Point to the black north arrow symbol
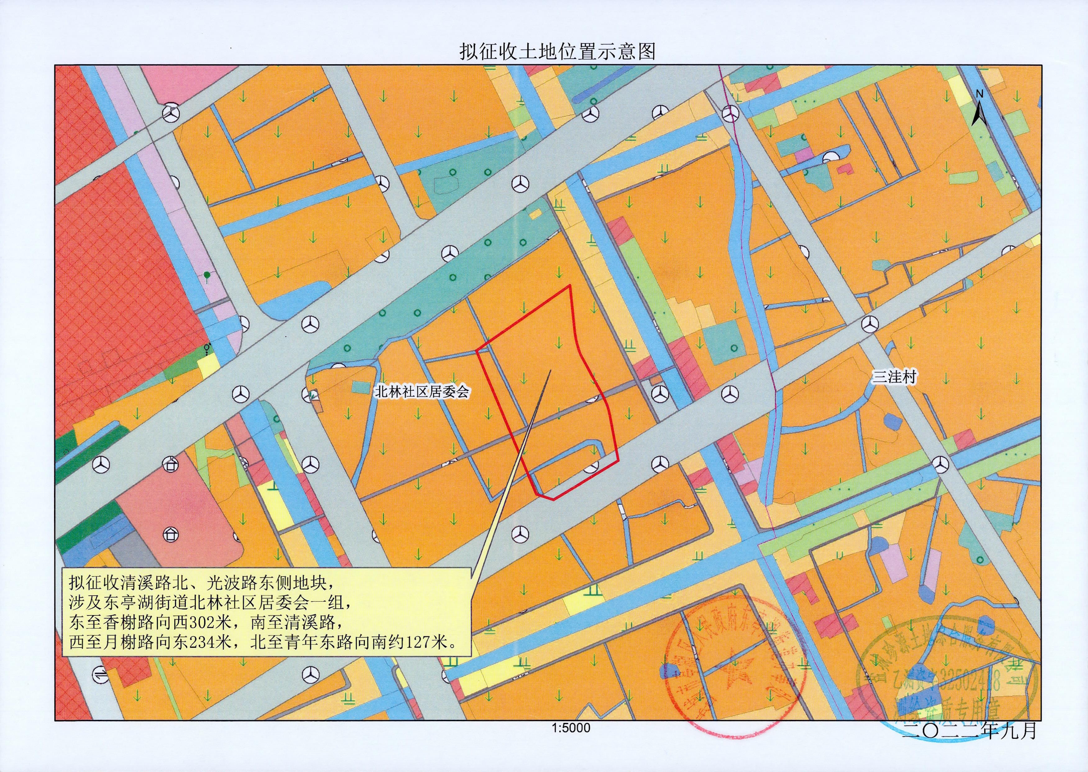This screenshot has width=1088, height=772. click(979, 114)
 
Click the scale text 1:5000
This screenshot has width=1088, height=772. click(571, 741)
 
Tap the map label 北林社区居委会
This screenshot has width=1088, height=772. click(422, 391)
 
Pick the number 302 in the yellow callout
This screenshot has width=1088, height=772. click(203, 622)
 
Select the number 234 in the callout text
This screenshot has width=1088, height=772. click(203, 643)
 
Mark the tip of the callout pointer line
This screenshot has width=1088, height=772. click(550, 370)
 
